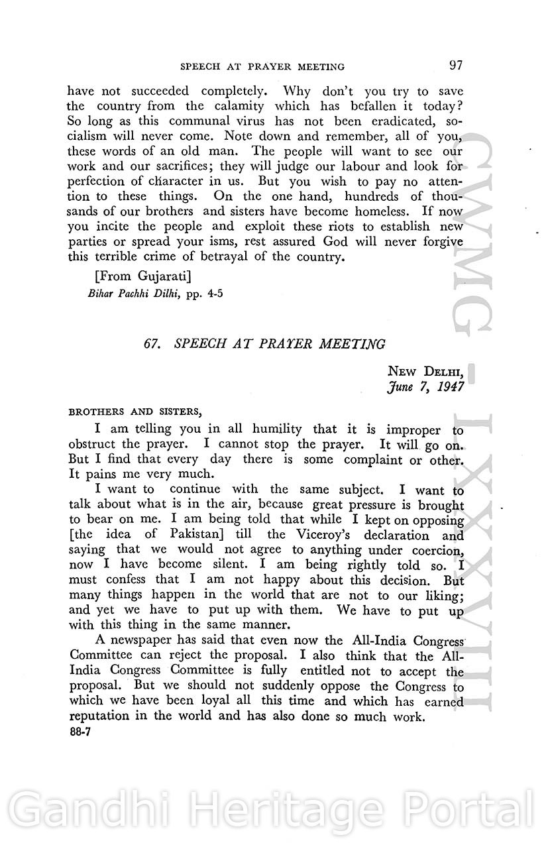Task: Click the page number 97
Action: click(455, 65)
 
